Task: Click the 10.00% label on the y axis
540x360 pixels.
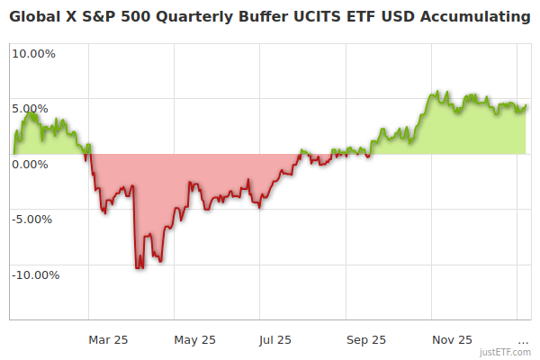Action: [33, 53]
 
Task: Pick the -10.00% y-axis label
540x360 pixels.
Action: [33, 275]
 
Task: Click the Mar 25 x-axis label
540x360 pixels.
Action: [109, 340]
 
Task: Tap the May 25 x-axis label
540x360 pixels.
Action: [195, 340]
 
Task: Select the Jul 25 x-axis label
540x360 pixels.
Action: [275, 340]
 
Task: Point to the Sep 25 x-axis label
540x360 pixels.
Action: [365, 340]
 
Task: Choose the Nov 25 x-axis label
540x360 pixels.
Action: [451, 340]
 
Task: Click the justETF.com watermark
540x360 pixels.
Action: [505, 353]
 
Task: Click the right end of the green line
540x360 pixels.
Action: [526, 105]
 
